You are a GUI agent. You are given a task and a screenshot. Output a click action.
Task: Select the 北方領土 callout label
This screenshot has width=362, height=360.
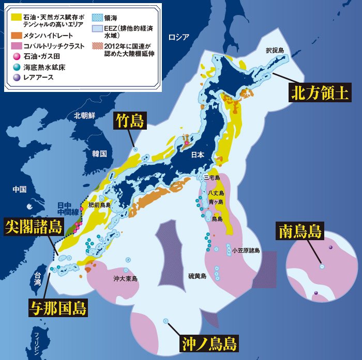317,93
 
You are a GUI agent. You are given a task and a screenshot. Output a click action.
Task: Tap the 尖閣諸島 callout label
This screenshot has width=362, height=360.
34,227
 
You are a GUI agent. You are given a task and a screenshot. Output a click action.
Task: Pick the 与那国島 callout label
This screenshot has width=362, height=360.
58,308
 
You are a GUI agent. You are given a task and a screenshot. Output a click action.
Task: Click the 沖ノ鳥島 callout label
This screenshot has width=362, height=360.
209,343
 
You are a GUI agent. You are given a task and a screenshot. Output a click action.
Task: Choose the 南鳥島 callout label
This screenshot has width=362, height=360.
300,231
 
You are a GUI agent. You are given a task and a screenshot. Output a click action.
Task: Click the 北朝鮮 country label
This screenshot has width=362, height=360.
84,115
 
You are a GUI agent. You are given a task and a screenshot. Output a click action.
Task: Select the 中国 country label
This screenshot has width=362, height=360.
19,190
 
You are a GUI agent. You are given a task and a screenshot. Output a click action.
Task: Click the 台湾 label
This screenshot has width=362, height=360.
37,279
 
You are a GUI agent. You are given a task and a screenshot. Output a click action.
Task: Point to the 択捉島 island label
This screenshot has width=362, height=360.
275,51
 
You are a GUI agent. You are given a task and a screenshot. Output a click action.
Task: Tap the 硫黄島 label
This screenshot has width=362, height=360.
197,276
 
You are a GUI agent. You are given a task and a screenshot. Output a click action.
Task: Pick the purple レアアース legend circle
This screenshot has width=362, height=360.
16,77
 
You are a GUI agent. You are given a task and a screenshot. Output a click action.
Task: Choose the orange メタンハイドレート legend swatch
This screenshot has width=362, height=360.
17,35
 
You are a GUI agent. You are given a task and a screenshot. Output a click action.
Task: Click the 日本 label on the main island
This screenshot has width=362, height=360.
198,155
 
